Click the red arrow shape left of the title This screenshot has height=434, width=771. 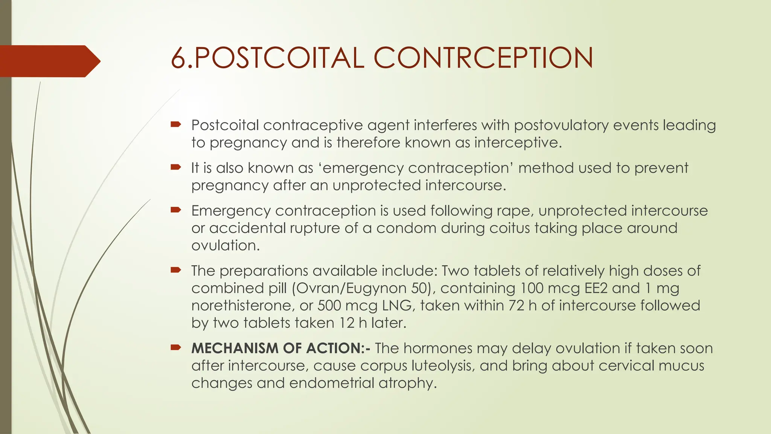click(x=49, y=61)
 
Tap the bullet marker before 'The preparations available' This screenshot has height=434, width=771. click(x=176, y=270)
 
